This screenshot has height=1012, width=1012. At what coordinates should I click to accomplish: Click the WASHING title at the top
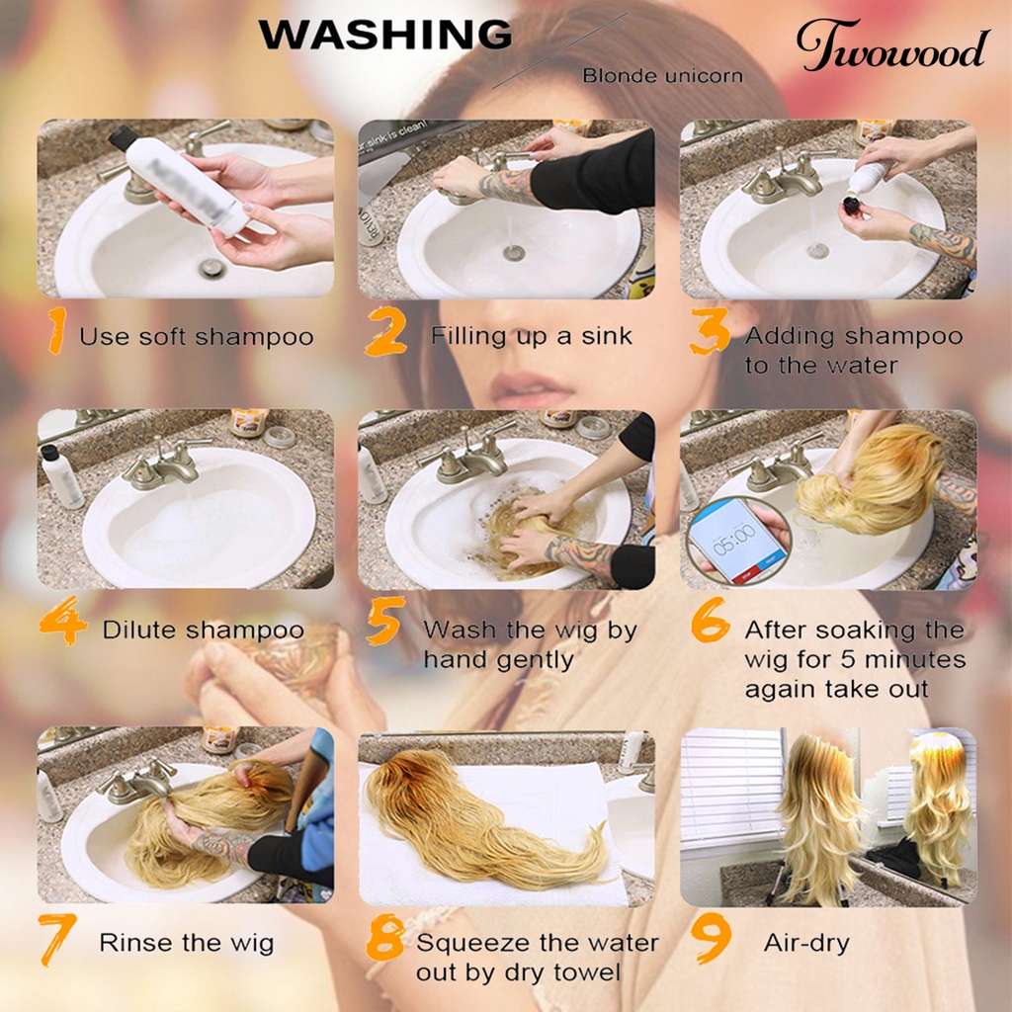point(385,35)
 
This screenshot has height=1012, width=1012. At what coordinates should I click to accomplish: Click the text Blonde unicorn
point(662,76)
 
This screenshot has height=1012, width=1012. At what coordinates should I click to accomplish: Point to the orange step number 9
point(711,942)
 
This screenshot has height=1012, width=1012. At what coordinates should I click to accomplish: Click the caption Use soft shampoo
point(196,337)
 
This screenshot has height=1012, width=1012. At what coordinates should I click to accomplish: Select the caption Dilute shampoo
point(204,630)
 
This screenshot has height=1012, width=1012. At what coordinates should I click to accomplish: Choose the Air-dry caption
point(806,942)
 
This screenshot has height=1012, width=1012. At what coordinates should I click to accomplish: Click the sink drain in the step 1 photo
point(211,267)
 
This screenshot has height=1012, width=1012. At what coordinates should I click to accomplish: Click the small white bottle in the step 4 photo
point(61,477)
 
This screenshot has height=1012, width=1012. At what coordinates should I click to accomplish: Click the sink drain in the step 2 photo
point(513,253)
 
